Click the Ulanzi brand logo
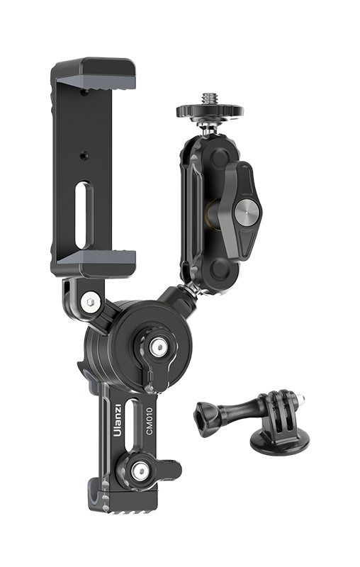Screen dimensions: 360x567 pyautogui.click(x=118, y=420)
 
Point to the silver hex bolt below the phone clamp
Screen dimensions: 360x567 pyautogui.click(x=91, y=303)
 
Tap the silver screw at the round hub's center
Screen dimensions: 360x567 pyautogui.click(x=159, y=347)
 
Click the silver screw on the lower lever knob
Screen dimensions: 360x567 pyautogui.click(x=140, y=471)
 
